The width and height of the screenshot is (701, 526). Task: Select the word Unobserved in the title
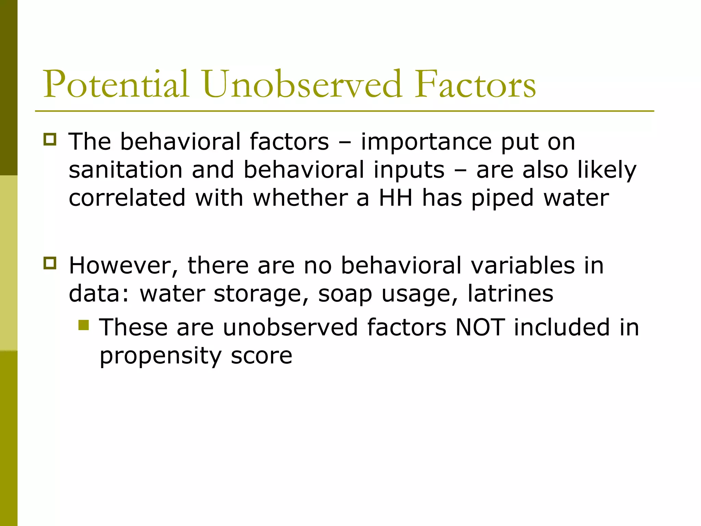pos(302,84)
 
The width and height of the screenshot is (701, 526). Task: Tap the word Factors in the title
pos(475,84)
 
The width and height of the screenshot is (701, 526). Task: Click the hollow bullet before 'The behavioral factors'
pos(50,140)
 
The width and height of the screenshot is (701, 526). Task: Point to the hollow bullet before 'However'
pos(50,263)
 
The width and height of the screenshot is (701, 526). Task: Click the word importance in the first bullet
pos(426,142)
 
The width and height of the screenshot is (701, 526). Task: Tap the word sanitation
pos(126,170)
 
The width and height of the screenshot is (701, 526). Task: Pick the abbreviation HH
pos(395,198)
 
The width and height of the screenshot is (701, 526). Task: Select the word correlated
pos(127,198)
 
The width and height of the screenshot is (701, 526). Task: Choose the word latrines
pos(510,293)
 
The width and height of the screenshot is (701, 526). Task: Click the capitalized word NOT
pos(480,327)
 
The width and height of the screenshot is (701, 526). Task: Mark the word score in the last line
pos(262,356)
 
